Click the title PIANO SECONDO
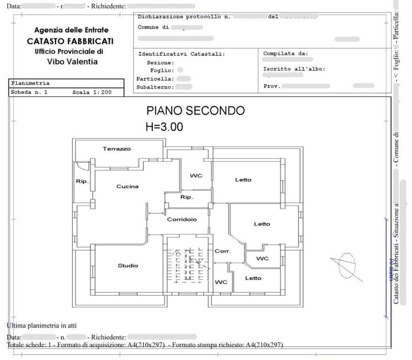click(x=195, y=111)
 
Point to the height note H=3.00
click(x=165, y=127)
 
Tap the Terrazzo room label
click(x=117, y=149)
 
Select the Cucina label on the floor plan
click(x=127, y=186)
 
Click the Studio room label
click(x=127, y=266)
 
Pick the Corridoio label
click(x=182, y=219)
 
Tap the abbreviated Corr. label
click(x=222, y=251)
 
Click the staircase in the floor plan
click(x=187, y=267)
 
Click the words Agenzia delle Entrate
click(x=71, y=30)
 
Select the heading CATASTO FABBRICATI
click(x=70, y=41)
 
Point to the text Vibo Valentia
click(x=72, y=61)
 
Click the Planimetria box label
click(x=30, y=83)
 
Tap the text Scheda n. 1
click(x=29, y=92)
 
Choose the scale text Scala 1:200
click(x=92, y=92)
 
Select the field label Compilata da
click(x=285, y=53)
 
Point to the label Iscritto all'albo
click(x=294, y=69)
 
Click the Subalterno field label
click(x=155, y=87)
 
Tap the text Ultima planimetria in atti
click(x=42, y=325)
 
